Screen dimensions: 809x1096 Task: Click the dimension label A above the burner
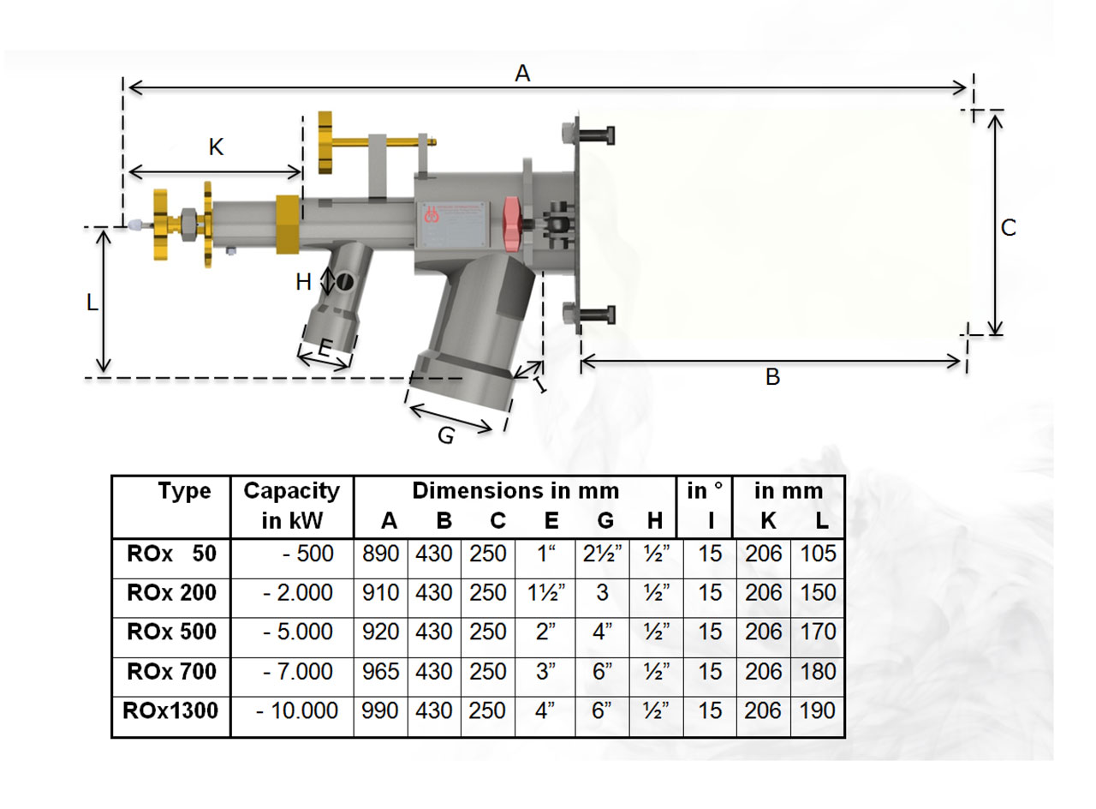(x=522, y=75)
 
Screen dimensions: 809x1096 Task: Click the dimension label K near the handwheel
(x=216, y=148)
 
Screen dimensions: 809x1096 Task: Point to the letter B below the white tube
(x=772, y=377)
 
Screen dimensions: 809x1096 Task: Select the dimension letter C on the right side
(x=1009, y=228)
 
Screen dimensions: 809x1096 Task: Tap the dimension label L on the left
(x=92, y=303)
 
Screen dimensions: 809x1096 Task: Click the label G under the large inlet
(x=445, y=436)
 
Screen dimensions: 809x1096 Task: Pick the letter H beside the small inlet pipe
(x=304, y=282)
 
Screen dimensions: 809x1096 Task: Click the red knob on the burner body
(x=512, y=225)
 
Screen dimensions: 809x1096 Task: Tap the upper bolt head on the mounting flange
(x=571, y=135)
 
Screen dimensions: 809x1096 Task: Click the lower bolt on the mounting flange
(x=591, y=315)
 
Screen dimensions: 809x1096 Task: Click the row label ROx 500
(x=170, y=632)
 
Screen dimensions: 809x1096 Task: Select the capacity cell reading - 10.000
(x=295, y=710)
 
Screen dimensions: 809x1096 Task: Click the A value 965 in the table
(x=381, y=672)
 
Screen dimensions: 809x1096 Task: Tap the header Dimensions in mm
(x=515, y=491)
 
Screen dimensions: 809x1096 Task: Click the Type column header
(x=184, y=491)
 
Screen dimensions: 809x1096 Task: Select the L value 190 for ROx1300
(x=818, y=710)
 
